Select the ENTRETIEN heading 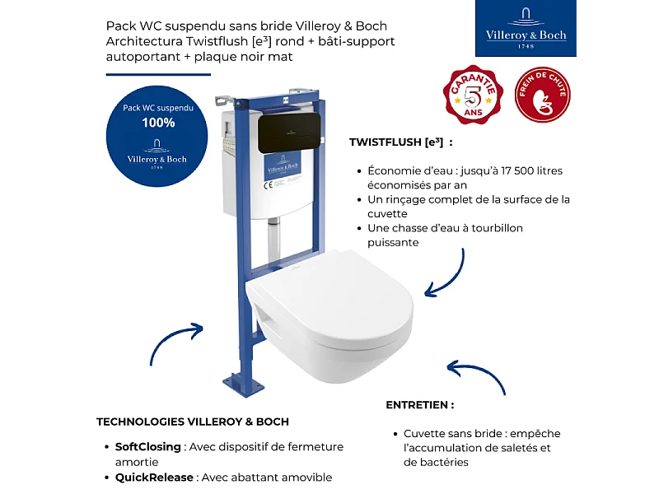tap(419, 405)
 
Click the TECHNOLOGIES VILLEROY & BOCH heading tap(193, 422)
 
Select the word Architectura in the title tap(146, 41)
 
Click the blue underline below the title tap(152, 74)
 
